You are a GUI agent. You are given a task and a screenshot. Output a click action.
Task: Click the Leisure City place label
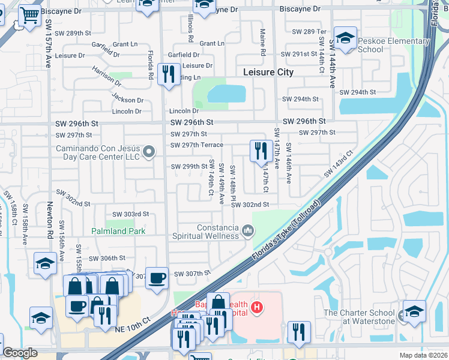(x=268, y=72)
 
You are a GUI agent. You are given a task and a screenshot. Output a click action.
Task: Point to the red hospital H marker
(x=257, y=308)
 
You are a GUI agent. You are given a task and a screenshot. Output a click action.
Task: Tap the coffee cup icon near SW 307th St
(x=157, y=277)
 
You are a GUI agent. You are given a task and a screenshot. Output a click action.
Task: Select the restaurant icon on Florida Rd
(x=168, y=74)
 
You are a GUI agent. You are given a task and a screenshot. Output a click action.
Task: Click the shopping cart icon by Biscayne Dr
(x=29, y=16)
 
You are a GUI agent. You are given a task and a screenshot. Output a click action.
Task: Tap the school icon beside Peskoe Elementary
(x=345, y=38)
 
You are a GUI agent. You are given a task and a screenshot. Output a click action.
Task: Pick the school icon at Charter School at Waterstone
(x=414, y=311)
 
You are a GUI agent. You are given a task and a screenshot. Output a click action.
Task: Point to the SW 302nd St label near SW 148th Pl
(x=250, y=205)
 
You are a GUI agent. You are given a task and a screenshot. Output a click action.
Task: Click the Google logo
(x=20, y=353)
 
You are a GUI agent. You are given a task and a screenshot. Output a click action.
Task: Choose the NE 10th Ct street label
(x=132, y=329)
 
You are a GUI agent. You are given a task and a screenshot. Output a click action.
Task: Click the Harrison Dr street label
(x=107, y=77)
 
